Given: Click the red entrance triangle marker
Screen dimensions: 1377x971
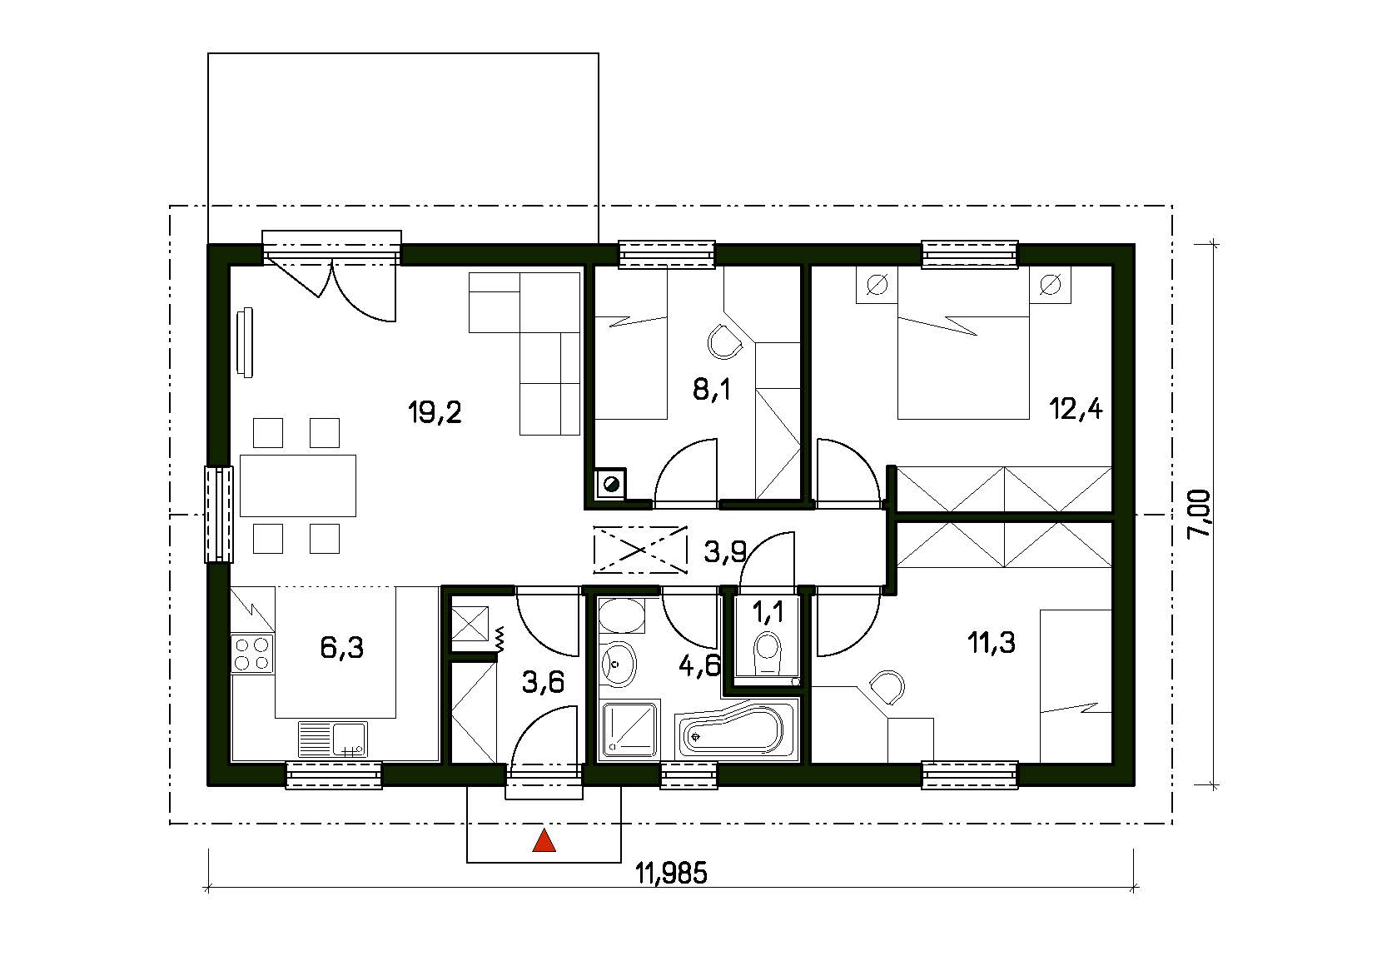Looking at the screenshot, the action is (x=544, y=841).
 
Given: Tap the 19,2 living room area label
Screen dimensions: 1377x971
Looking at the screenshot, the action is (x=435, y=412).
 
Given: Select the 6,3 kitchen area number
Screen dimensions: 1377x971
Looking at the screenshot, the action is (x=342, y=648).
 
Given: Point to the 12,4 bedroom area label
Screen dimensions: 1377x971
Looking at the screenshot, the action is (x=1076, y=409).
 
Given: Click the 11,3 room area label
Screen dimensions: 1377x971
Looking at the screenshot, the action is (x=991, y=643).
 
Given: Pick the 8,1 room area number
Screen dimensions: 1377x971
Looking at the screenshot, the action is (x=711, y=389).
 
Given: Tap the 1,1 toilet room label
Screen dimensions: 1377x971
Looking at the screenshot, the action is (x=768, y=612).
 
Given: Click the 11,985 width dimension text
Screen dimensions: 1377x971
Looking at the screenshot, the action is (x=671, y=874).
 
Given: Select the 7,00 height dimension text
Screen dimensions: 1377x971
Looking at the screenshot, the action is (x=1200, y=513).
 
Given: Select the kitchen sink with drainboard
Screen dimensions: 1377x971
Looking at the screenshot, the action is (x=332, y=739).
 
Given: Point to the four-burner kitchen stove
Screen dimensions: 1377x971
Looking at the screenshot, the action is (x=252, y=654).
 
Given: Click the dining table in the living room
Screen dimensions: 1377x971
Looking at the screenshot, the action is (x=298, y=485).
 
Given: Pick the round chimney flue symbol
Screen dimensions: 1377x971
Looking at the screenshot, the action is (x=612, y=483).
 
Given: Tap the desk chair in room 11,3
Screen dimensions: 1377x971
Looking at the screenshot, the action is (x=887, y=688).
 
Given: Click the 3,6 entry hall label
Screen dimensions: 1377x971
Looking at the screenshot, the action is (x=543, y=682).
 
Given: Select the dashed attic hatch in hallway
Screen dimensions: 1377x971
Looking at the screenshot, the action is (x=640, y=549).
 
